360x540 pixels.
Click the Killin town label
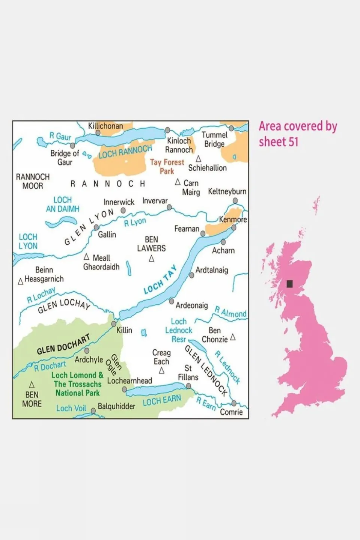[x=124, y=330]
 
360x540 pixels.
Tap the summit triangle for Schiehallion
[x=199, y=159]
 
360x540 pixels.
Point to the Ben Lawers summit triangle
[x=152, y=259]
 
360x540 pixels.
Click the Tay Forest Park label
[x=167, y=167]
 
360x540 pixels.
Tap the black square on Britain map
[x=289, y=284]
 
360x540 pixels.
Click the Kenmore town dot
[x=234, y=227]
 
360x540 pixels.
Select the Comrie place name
[x=231, y=412]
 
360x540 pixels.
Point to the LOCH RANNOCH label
[x=125, y=151]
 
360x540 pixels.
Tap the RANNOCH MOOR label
[x=33, y=181]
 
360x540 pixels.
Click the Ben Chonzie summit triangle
[x=233, y=337]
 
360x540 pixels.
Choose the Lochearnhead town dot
[x=125, y=390]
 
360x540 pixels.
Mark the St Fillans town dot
[x=188, y=386]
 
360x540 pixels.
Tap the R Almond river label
[x=230, y=312]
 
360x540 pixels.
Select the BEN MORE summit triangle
[x=32, y=385]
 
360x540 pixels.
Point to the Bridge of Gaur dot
[x=73, y=146]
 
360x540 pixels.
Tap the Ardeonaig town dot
[x=172, y=301]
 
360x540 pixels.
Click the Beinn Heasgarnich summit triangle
[x=21, y=281]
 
